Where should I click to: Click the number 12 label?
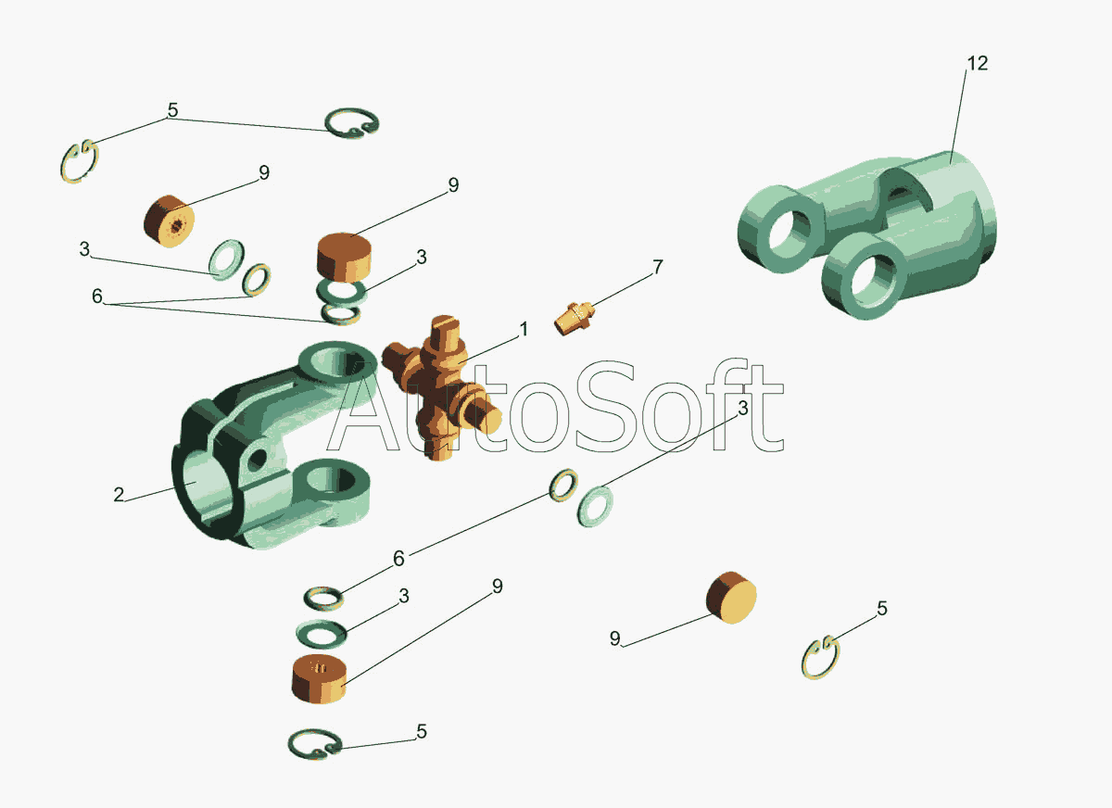[x=978, y=63]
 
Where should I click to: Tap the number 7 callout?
[x=658, y=267]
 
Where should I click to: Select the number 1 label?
[x=524, y=329]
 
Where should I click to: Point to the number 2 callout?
[x=119, y=494]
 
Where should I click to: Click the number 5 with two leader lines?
[x=172, y=110]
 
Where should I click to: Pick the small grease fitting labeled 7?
[x=575, y=318]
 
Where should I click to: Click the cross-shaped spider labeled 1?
[x=441, y=388]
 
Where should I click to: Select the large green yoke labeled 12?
[x=866, y=234]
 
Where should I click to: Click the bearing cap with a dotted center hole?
[x=170, y=221]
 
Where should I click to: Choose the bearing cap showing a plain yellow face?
[x=731, y=598]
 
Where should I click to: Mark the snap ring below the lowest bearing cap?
[x=315, y=744]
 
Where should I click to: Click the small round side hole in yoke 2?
[x=258, y=457]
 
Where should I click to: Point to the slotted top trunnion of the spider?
[x=444, y=330]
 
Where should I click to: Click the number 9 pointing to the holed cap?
[x=263, y=172]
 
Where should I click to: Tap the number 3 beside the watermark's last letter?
[x=742, y=409]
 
